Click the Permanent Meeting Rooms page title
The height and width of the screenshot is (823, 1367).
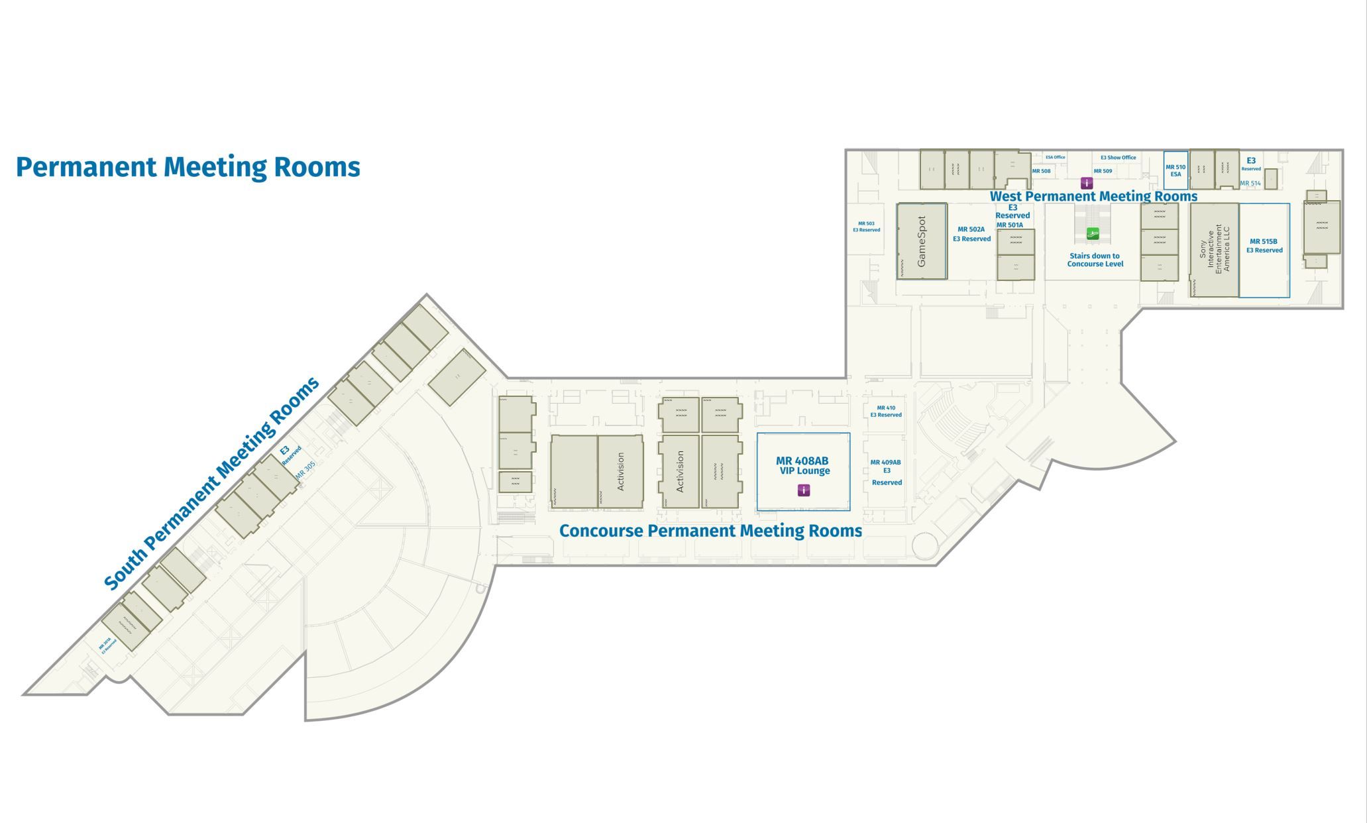pos(188,167)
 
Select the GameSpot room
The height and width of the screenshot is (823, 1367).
pos(921,241)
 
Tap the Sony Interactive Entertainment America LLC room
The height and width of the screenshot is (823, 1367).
pos(1214,249)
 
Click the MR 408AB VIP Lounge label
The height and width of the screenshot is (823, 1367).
pos(802,465)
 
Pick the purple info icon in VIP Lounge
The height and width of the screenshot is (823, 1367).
pos(803,490)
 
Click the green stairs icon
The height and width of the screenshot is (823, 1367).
pos(1093,234)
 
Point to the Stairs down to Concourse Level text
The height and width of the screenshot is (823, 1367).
pos(1095,260)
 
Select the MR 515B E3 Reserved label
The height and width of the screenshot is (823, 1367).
pos(1264,246)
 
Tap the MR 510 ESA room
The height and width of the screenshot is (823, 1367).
pos(1176,171)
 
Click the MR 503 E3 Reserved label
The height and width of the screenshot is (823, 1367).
pos(866,227)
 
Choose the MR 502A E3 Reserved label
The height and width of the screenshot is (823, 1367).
pos(971,234)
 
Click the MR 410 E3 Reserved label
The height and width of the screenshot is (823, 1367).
pos(886,411)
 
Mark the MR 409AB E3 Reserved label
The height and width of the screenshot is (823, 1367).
pos(886,472)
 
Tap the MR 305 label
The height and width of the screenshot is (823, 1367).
pos(305,470)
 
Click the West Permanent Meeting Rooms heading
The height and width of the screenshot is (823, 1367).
pos(1093,196)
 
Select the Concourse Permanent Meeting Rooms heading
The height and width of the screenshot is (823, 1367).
pos(710,531)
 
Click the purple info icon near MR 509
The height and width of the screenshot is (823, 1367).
pos(1087,183)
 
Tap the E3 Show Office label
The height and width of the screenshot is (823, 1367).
pos(1118,158)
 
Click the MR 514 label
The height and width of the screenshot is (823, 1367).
pos(1250,184)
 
